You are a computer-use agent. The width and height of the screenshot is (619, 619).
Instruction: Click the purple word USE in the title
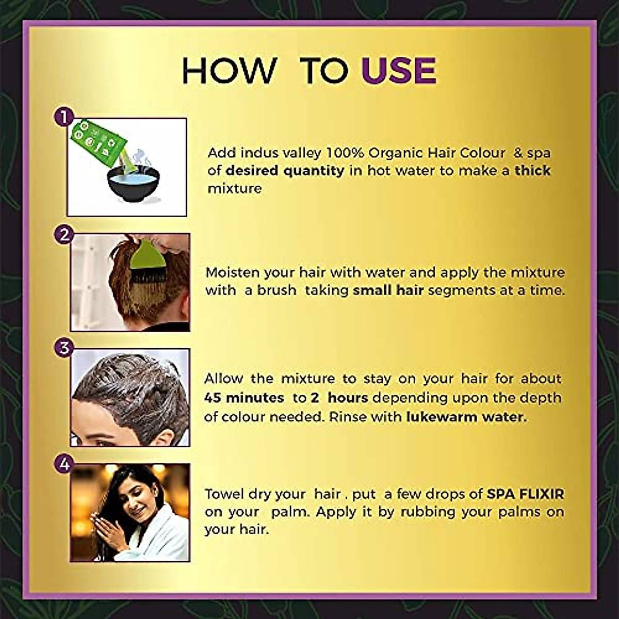point(399,71)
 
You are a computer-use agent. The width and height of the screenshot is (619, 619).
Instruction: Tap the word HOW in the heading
point(229,71)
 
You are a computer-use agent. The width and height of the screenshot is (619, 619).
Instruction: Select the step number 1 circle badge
point(63,118)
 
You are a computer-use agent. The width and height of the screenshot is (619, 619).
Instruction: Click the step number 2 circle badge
point(64,235)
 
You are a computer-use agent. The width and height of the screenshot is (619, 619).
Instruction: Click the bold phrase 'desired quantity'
point(285,171)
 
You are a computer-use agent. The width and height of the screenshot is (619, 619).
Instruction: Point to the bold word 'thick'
point(532,171)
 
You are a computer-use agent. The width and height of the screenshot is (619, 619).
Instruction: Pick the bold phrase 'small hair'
point(388,290)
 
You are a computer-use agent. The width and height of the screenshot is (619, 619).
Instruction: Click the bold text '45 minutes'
point(243,398)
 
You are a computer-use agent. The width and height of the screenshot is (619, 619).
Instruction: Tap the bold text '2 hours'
point(339,398)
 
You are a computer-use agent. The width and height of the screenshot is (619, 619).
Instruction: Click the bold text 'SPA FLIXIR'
point(525,494)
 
